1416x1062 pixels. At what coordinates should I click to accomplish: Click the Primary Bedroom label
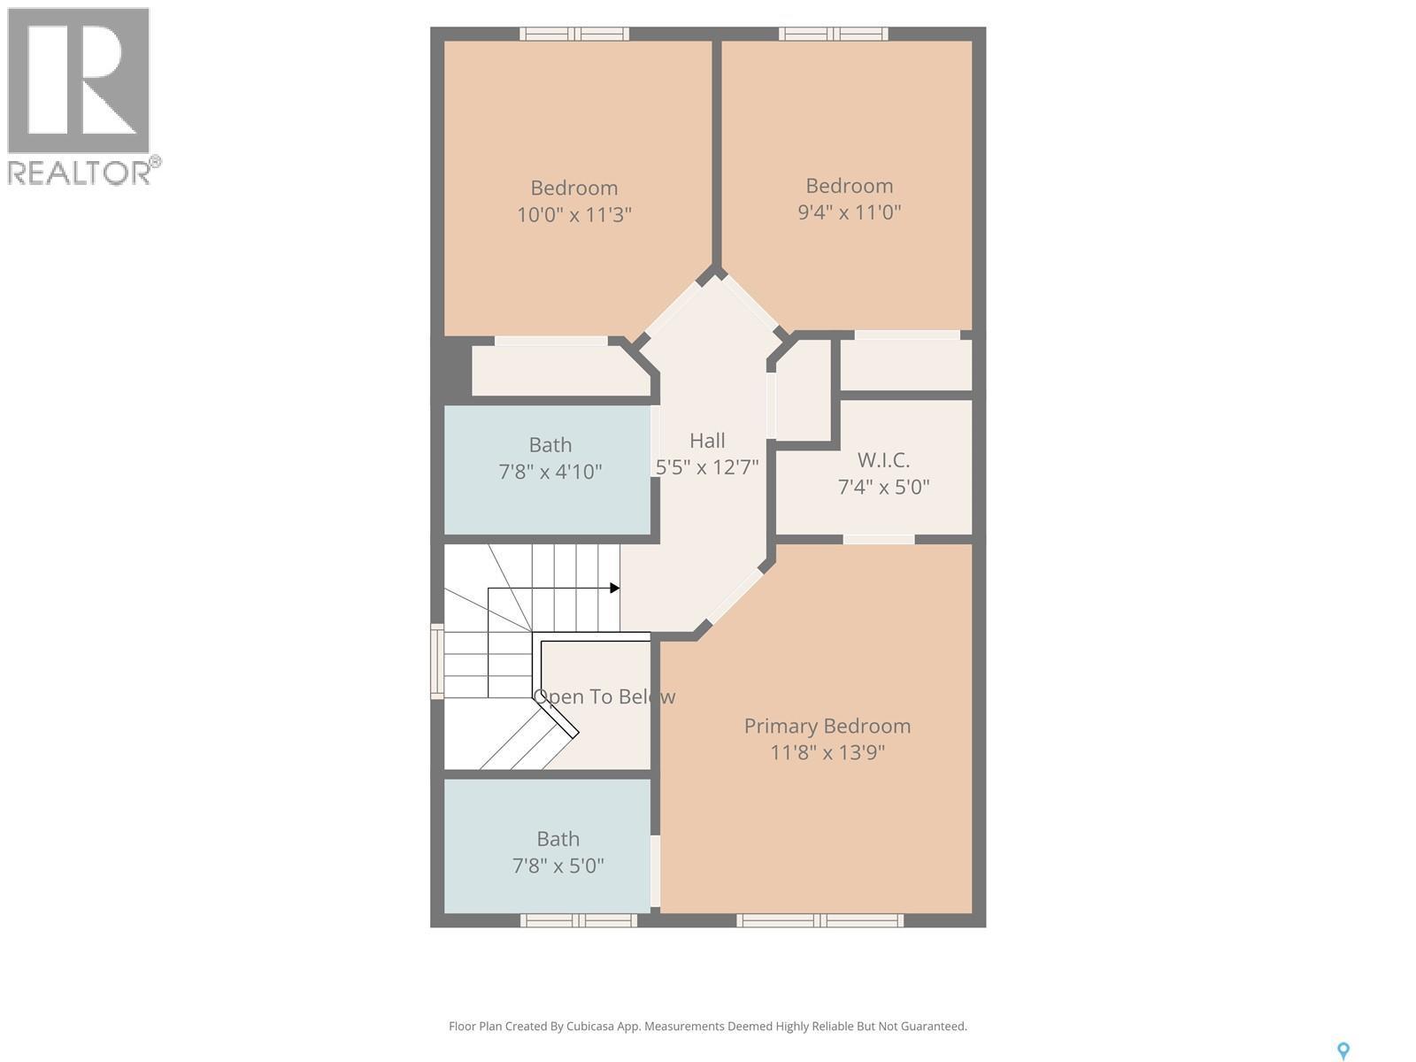coord(827,726)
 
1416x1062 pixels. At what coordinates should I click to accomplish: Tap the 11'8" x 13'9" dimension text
coord(827,753)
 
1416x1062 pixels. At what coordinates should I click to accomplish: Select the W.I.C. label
coord(882,460)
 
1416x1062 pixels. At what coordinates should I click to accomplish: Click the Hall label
coord(707,441)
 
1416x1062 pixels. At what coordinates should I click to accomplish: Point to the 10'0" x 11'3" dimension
coord(573,215)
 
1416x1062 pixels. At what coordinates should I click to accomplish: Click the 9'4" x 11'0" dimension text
coord(849,212)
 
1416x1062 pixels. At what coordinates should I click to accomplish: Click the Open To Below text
coord(604,697)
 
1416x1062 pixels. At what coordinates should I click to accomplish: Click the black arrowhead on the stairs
coord(614,588)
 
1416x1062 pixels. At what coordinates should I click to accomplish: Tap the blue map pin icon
coord(1343,1050)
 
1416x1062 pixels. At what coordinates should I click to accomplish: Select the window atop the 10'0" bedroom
coord(573,34)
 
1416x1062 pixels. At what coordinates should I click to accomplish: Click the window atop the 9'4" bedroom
coord(833,34)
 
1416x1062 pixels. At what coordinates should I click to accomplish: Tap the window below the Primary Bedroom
coord(820,921)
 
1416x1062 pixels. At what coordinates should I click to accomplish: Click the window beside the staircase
coord(436,662)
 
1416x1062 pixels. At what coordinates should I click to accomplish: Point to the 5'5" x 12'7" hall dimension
coord(707,467)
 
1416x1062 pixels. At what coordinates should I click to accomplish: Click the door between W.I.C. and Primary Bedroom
coord(878,539)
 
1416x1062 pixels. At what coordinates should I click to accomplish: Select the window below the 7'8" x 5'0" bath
coord(578,921)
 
